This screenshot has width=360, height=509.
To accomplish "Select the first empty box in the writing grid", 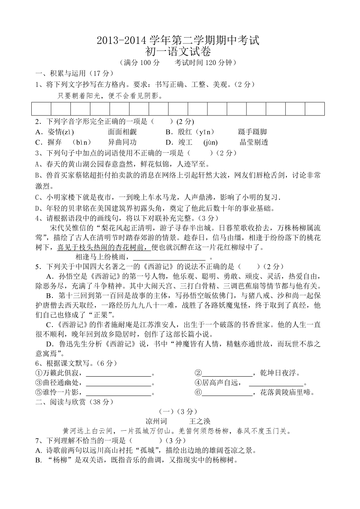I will pos(41,109).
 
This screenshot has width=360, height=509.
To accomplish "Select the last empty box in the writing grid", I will pos(315,109).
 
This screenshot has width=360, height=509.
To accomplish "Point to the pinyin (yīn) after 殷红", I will pos(206,132).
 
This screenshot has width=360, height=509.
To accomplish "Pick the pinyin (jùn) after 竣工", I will pos(211,143).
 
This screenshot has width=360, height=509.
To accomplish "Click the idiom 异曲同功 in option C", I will pos(122,143).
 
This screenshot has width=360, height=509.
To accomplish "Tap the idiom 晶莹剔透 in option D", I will pos(254,143).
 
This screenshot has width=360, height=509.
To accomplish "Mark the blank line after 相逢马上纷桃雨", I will pos(169,258).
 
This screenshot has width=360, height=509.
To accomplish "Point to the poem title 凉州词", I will pos(156,421).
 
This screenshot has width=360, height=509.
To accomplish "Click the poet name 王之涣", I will pos(200,421).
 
